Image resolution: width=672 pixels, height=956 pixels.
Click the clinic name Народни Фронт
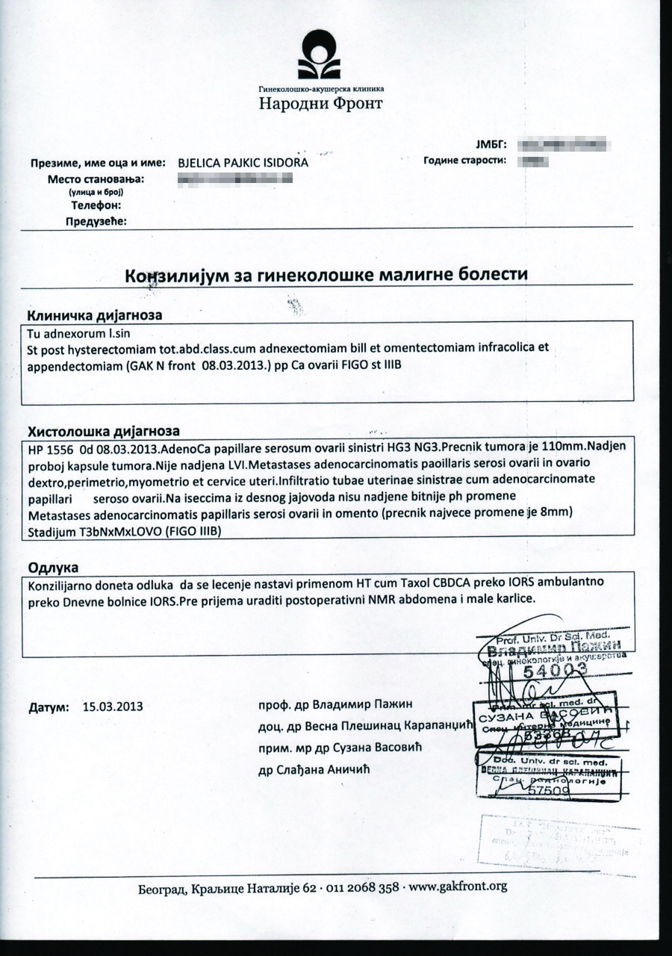320,103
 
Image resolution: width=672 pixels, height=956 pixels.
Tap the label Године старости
464,160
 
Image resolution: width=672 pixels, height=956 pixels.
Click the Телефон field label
96,205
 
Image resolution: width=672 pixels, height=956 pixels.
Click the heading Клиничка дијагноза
95,314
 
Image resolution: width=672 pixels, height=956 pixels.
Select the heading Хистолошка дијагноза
103,431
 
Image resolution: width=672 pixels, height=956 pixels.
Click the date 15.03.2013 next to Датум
113,705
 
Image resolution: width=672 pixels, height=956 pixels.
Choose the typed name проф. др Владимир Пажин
335,704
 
